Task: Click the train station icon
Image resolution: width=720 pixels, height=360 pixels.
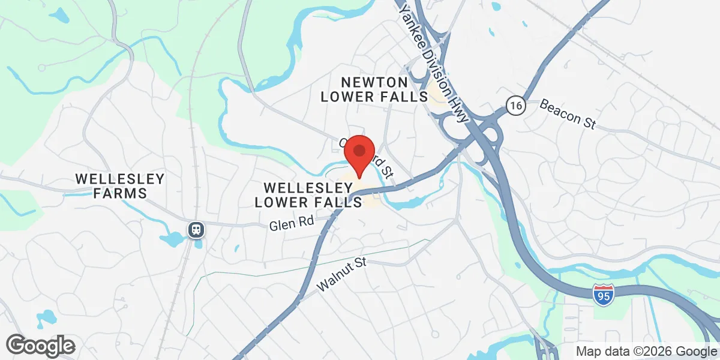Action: [196, 230]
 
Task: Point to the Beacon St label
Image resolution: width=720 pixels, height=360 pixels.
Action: [567, 113]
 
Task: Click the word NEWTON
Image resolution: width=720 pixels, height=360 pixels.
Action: [374, 82]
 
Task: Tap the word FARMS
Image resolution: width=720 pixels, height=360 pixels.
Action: [120, 193]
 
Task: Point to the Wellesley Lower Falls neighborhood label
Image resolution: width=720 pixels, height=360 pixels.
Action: [309, 195]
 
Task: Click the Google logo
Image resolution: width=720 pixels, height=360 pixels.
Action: [40, 345]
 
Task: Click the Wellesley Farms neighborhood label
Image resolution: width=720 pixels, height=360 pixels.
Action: [120, 186]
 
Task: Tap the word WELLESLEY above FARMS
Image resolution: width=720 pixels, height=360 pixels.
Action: [120, 179]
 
